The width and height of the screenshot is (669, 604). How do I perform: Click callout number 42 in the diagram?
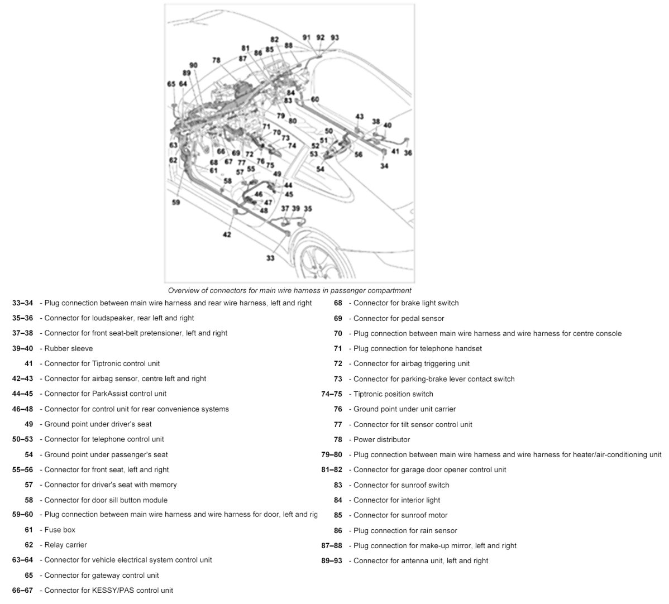[x=227, y=235]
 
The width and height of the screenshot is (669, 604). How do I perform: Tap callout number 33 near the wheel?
[x=270, y=258]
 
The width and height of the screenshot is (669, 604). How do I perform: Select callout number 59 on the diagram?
[x=176, y=203]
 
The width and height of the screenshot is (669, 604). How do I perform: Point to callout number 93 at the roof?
[x=334, y=37]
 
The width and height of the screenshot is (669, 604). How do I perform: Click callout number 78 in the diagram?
[x=216, y=60]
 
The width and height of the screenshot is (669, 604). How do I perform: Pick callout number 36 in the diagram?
[x=408, y=152]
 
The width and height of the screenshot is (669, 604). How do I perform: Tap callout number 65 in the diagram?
[x=171, y=84]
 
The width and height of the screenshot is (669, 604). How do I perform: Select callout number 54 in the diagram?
[x=320, y=169]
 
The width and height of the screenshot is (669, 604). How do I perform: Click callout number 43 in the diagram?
[x=360, y=117]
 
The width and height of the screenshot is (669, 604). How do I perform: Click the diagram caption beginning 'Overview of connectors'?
[x=289, y=290]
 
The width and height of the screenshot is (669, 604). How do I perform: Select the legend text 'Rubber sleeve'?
[x=69, y=348]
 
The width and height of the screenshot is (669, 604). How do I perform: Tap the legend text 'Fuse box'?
[x=60, y=530]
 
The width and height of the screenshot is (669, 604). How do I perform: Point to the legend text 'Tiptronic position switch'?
[x=393, y=394]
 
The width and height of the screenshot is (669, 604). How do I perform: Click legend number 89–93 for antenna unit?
[x=332, y=560]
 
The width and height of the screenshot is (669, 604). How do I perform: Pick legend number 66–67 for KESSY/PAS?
[x=22, y=590]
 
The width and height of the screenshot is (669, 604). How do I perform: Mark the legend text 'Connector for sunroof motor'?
[x=400, y=515]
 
